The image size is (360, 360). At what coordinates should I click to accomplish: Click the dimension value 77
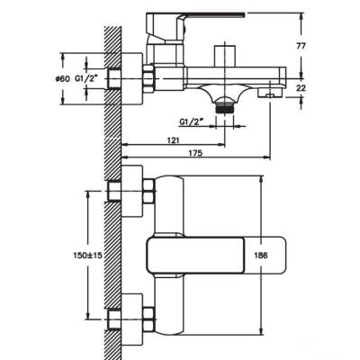tap(301, 46)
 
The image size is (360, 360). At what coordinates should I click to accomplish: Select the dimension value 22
tap(301, 87)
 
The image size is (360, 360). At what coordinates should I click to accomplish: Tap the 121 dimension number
tap(174, 140)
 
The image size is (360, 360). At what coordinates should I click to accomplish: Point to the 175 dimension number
tap(196, 153)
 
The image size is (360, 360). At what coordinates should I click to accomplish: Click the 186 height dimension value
tap(261, 256)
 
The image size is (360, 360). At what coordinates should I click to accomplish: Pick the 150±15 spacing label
tap(87, 256)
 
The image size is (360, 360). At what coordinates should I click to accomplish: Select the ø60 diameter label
tap(63, 79)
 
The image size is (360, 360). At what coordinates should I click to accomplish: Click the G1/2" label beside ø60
tap(87, 79)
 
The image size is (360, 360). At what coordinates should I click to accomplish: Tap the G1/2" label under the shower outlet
tap(192, 122)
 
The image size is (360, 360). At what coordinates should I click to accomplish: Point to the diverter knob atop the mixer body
tap(224, 56)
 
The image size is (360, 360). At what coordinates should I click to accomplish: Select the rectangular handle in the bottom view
tap(216, 256)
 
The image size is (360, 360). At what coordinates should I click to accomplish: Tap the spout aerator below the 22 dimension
tap(270, 92)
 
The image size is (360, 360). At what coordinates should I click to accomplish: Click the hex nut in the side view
tap(148, 78)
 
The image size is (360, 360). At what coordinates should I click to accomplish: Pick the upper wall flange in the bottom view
tap(132, 191)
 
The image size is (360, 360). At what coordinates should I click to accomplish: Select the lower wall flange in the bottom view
tap(132, 319)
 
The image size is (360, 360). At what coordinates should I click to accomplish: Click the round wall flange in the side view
tap(132, 79)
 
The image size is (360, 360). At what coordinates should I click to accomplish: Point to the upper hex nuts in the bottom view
tap(148, 191)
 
